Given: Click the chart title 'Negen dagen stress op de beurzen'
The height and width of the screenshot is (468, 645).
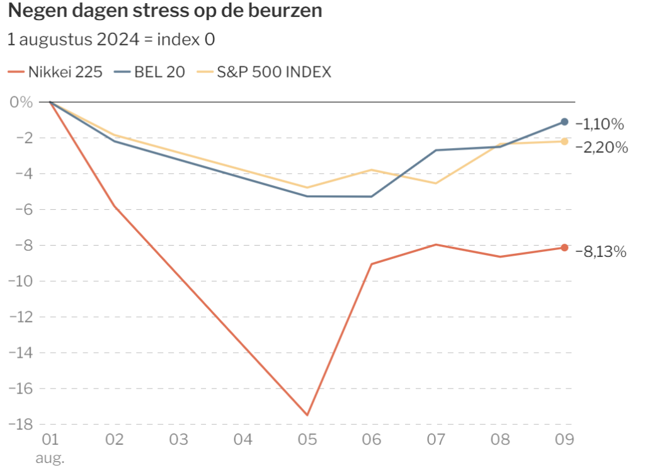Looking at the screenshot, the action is [165, 11].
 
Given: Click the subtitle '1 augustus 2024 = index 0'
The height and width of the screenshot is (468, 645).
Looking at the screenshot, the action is [111, 40].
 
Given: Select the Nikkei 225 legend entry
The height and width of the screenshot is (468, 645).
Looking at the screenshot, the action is [55, 72].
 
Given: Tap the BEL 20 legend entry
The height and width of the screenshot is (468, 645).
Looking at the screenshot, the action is [150, 72].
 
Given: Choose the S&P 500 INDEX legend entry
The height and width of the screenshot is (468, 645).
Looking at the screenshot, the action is [264, 72].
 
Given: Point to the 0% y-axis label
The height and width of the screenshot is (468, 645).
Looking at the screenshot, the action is [21, 102].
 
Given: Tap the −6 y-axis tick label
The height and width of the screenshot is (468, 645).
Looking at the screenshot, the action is [24, 209].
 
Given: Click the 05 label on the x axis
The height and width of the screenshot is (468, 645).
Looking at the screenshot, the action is [307, 440].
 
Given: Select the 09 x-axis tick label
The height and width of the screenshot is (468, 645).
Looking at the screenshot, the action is [564, 440].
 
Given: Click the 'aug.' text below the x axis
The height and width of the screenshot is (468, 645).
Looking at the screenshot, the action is [50, 458].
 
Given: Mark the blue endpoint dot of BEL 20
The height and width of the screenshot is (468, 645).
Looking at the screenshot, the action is [564, 122].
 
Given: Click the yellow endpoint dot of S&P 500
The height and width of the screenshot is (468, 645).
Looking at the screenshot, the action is [564, 142].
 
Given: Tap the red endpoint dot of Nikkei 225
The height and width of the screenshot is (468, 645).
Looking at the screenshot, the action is [564, 248].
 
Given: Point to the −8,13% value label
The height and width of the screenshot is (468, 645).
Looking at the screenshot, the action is [601, 251].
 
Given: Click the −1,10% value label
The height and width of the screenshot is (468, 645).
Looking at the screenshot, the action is [600, 124].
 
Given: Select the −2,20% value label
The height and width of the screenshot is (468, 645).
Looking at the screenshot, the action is [602, 147].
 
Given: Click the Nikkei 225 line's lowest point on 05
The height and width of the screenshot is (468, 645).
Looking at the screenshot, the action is [307, 415].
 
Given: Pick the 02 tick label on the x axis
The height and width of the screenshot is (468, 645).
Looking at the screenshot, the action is [115, 440].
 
